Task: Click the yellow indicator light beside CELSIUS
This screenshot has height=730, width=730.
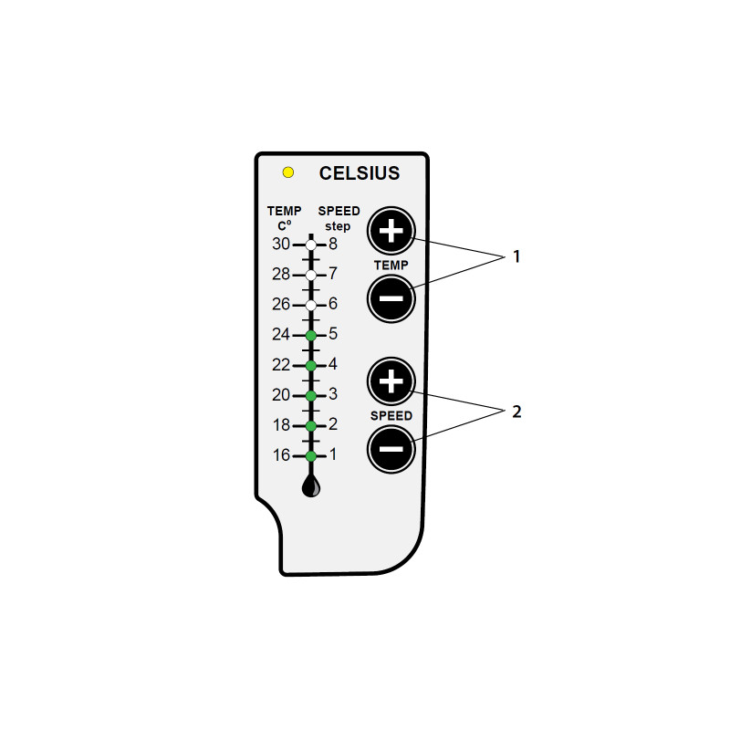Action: pos(288,172)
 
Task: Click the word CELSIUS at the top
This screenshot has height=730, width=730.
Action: pos(360,173)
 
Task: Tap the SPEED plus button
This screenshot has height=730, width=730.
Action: pos(391,381)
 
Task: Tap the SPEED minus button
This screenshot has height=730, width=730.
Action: pos(391,449)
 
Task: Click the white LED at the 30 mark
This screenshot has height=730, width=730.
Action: pos(311,245)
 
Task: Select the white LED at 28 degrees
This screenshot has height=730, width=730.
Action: pos(311,276)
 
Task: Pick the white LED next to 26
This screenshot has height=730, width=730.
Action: pos(311,306)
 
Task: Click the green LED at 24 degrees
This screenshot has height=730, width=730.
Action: pos(311,335)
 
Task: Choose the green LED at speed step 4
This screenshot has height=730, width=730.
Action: pos(311,366)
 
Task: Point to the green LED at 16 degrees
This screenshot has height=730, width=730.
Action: pos(311,456)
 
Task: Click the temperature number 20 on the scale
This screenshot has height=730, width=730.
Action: pos(281,395)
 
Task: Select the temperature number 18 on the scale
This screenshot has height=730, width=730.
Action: pos(281,425)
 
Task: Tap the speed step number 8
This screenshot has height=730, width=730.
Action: pos(333,244)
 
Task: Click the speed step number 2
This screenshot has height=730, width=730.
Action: pos(333,424)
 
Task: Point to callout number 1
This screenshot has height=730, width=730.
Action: pos(516,256)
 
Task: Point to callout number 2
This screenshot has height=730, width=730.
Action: pos(516,412)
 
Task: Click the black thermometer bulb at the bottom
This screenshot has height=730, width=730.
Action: pos(311,485)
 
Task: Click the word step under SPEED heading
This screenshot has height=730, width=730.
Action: pos(338,226)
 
